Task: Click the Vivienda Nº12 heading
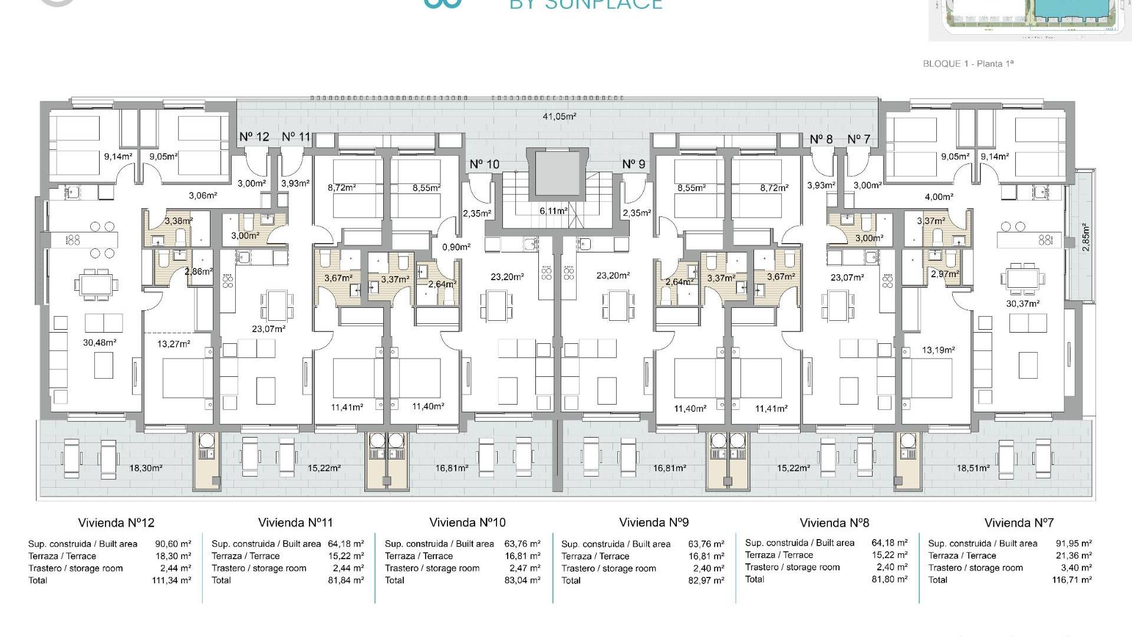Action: pos(116,523)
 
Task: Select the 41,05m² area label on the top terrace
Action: pos(559,116)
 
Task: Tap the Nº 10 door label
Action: pos(484,164)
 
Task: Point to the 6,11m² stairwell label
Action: pos(553,211)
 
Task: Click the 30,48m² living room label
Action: pos(100,342)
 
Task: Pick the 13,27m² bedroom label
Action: pos(175,344)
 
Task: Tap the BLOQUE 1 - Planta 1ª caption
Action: pos(968,64)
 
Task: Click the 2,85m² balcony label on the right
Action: pos(1086,237)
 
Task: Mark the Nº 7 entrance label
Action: pos(858,139)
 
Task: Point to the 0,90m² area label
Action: pos(456,247)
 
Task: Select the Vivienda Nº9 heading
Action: pos(654,523)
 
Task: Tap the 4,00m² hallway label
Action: pos(939,197)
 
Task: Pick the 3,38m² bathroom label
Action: pos(178,221)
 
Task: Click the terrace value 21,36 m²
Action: pos(1074,556)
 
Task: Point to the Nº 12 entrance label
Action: pos(254,137)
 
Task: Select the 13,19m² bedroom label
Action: pos(938,350)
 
